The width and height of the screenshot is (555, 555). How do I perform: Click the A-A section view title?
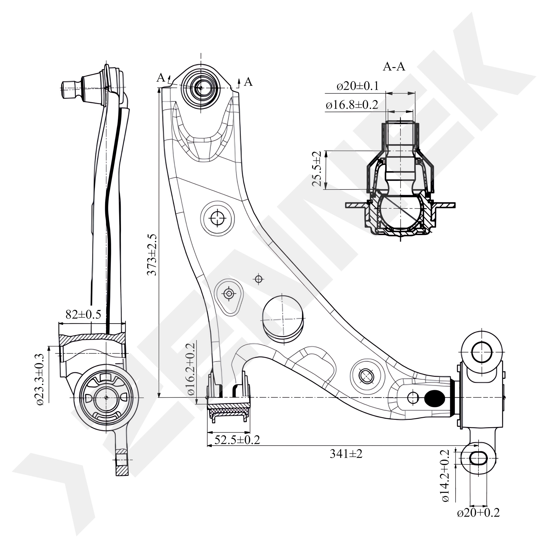[394, 67]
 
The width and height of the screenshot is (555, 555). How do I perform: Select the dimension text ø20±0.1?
[358, 86]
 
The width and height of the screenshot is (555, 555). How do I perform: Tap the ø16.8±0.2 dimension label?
[352, 105]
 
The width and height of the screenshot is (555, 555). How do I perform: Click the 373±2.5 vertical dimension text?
[152, 254]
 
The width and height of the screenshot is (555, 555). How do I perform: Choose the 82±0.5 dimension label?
[83, 315]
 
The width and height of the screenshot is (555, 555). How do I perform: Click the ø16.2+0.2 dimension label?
[191, 369]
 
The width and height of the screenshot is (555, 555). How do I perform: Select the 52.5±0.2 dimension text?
[237, 440]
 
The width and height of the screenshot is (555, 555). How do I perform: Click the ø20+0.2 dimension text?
[478, 513]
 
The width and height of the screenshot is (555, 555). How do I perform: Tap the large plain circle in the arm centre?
[283, 319]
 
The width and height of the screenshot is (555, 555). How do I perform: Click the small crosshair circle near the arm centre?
[259, 279]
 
